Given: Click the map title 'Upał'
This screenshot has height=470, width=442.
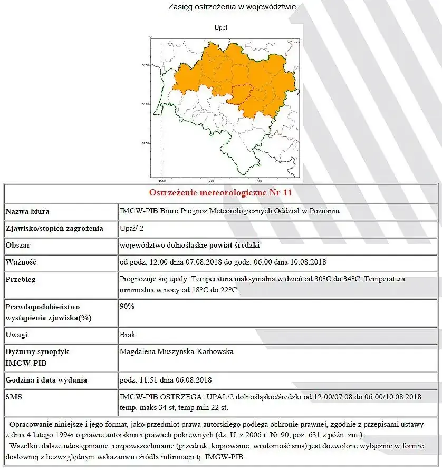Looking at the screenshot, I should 221,27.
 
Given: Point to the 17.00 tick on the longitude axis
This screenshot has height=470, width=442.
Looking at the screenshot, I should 258,180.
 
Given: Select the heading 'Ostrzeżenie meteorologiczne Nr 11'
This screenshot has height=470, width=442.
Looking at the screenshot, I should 220,192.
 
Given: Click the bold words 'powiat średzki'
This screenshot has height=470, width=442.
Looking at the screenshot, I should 235,246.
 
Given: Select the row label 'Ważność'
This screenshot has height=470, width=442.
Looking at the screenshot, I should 21,262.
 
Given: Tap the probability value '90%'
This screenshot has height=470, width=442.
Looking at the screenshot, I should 127,306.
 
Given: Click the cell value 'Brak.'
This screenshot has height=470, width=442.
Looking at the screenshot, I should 128,335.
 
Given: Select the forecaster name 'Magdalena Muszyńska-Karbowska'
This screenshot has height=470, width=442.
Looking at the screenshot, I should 177,351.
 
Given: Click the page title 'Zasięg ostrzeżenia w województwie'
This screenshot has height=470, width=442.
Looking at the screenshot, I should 232,7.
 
